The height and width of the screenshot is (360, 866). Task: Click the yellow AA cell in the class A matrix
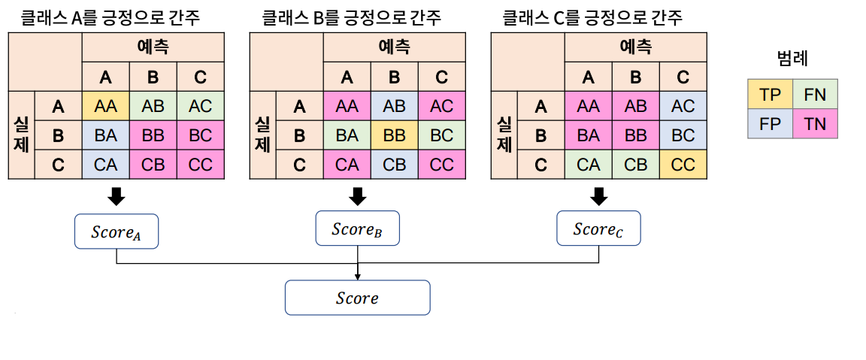[x=105, y=107]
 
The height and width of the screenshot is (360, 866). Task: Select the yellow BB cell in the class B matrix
[x=394, y=135]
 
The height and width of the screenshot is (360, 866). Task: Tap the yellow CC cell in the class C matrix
[x=683, y=164]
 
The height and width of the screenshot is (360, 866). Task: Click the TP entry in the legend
[x=771, y=95]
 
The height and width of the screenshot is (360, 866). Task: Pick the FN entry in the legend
[x=815, y=95]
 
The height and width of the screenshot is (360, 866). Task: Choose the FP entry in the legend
[x=771, y=124]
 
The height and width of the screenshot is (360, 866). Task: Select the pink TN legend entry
[x=815, y=124]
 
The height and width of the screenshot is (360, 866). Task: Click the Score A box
[x=117, y=231]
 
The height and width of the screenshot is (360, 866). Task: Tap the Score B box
[x=357, y=228]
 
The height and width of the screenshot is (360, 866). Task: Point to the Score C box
[x=598, y=228]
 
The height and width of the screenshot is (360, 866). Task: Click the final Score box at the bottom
[x=357, y=298]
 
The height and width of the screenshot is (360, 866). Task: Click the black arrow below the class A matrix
[x=117, y=197]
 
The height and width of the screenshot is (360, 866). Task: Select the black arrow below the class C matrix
[x=598, y=197]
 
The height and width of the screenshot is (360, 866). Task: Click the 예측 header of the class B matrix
[x=394, y=47]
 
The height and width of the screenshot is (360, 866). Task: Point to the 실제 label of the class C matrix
[x=504, y=135]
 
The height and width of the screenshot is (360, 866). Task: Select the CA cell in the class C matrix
[x=588, y=164]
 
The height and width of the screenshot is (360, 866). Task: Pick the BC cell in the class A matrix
[x=201, y=135]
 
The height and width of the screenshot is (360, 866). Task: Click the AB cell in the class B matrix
[x=394, y=107]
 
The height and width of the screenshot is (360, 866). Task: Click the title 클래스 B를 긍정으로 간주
[x=351, y=17]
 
